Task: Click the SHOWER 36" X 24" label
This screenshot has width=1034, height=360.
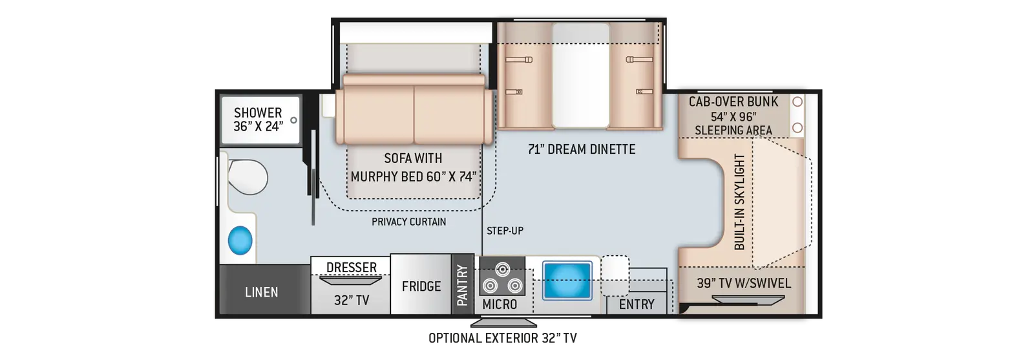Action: [258, 120]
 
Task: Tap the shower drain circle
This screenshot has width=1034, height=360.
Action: [293, 120]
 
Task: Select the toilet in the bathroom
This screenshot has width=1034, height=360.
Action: [248, 177]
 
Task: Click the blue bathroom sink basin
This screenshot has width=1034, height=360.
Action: [240, 240]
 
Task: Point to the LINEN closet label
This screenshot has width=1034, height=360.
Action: [261, 292]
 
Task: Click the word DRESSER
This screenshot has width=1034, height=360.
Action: [352, 267]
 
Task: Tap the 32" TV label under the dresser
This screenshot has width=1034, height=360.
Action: [352, 301]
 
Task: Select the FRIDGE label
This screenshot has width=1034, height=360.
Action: [421, 286]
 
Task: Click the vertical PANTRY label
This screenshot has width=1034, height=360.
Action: [463, 285]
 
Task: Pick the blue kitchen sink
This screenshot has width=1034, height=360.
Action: [567, 280]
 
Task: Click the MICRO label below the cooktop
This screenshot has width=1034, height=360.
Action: [500, 304]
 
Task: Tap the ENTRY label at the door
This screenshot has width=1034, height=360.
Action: [637, 304]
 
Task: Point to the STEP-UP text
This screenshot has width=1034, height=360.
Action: [505, 230]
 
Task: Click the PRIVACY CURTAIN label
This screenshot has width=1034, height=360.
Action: [409, 222]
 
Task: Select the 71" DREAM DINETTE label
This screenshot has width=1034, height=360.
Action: [582, 149]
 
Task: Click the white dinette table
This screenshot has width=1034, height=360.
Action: [581, 75]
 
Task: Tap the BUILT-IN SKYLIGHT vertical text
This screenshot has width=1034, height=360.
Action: [739, 202]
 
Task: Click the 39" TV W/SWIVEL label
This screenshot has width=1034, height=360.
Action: [744, 283]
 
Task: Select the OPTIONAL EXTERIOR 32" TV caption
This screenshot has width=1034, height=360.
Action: [503, 338]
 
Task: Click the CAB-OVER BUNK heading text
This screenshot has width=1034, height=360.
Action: [733, 101]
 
